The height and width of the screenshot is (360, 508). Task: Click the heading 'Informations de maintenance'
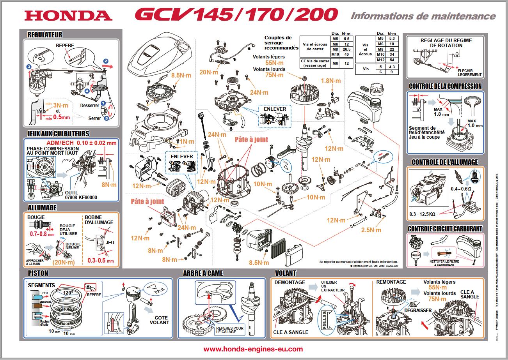pyautogui.click(x=423, y=16)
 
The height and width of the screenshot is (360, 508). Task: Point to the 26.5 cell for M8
pyautogui.click(x=346, y=49)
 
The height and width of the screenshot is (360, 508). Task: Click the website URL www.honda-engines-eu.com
pyautogui.click(x=253, y=349)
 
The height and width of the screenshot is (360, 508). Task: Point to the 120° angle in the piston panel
pyautogui.click(x=69, y=293)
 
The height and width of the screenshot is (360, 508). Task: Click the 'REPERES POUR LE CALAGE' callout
pyautogui.click(x=230, y=330)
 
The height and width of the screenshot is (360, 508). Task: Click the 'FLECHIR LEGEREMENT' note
pyautogui.click(x=469, y=72)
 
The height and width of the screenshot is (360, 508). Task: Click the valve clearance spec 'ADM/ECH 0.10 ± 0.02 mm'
pyautogui.click(x=84, y=143)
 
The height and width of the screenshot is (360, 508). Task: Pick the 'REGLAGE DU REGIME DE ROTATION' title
pyautogui.click(x=446, y=43)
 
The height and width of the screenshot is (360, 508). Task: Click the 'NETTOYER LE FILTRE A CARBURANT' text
pyautogui.click(x=448, y=263)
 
